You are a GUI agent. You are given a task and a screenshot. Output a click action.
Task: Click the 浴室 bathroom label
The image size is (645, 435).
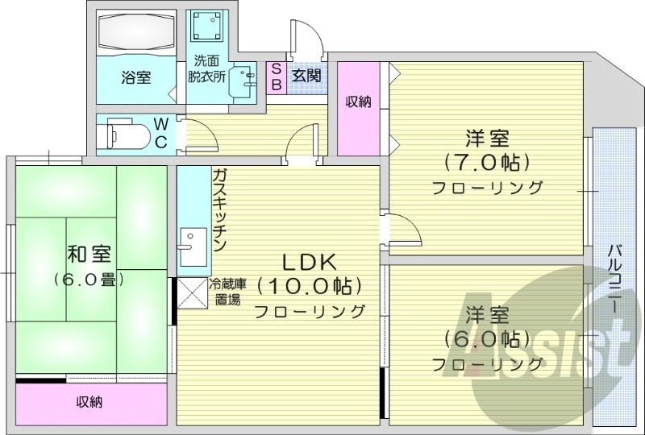[136, 78]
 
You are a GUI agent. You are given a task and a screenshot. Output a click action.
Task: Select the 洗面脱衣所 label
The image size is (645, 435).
[206, 69]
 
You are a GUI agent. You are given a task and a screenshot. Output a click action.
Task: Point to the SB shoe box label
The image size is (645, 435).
[275, 77]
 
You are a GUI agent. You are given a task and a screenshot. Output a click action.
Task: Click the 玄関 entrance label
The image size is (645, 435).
[306, 77]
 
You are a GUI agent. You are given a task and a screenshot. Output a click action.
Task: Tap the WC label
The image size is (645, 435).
[161, 133]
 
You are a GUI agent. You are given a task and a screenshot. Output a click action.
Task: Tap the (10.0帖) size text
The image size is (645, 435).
[310, 286]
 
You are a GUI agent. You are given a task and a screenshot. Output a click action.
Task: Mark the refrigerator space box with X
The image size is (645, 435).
[192, 292]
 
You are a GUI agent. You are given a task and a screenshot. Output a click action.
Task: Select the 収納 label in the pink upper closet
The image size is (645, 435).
[358, 101]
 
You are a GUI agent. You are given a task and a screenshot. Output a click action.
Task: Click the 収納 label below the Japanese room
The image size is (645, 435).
[89, 402]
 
